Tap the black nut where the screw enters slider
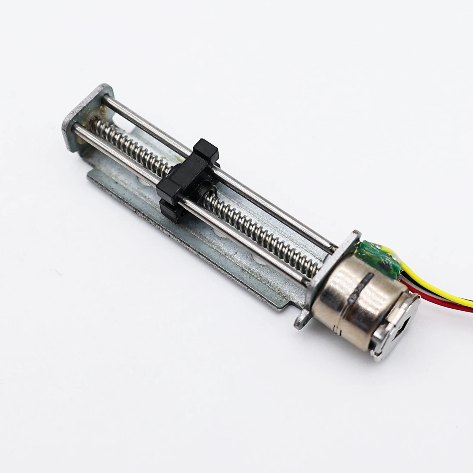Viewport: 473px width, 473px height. tap(208, 190)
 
